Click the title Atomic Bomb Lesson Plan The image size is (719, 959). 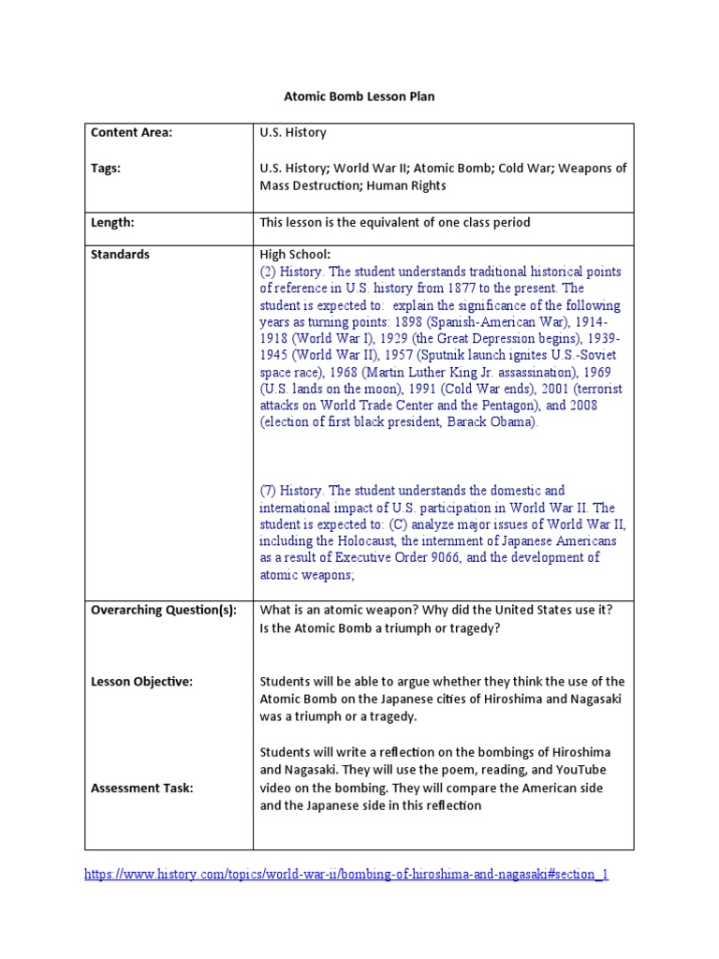pyautogui.click(x=359, y=96)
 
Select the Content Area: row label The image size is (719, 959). pyautogui.click(x=132, y=133)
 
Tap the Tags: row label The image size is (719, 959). pyautogui.click(x=106, y=169)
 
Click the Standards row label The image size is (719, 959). pyautogui.click(x=120, y=255)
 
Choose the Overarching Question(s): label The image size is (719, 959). pyautogui.click(x=164, y=610)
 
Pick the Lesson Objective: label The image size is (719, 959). pyautogui.click(x=141, y=682)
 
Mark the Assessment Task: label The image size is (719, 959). pyautogui.click(x=142, y=788)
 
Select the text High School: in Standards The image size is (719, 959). pyautogui.click(x=295, y=255)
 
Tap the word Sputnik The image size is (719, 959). pyautogui.click(x=466, y=355)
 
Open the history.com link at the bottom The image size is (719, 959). pyautogui.click(x=346, y=875)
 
